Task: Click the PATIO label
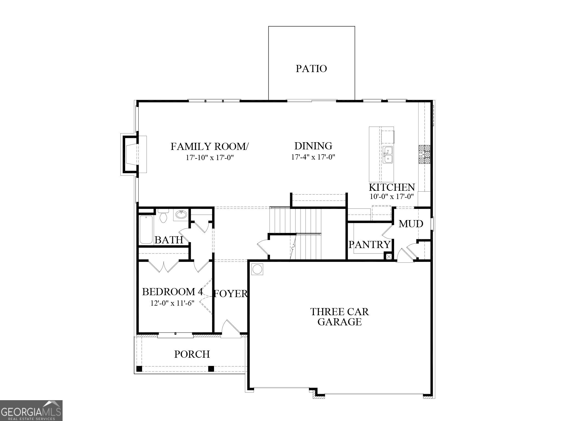311,69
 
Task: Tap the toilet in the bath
163,216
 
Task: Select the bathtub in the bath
146,230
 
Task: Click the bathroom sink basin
181,214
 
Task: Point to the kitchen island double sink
388,155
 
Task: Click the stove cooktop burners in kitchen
424,155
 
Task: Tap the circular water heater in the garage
257,269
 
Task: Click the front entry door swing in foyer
230,329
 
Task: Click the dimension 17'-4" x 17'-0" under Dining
313,157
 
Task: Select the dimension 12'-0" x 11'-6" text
172,303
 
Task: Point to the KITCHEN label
392,187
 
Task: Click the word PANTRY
369,244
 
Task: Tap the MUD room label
411,224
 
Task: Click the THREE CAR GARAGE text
339,317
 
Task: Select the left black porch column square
139,369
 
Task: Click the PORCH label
192,354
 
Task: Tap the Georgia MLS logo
31,410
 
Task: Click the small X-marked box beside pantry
389,257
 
